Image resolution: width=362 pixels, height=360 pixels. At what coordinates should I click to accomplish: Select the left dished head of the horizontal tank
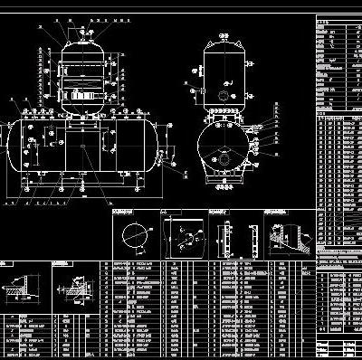pyautogui.click(x=12, y=145)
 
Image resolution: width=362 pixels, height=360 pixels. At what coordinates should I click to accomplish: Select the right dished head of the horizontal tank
pyautogui.click(x=155, y=145)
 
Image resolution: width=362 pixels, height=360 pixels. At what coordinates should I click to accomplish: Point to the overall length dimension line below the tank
pyautogui.click(x=82, y=193)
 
